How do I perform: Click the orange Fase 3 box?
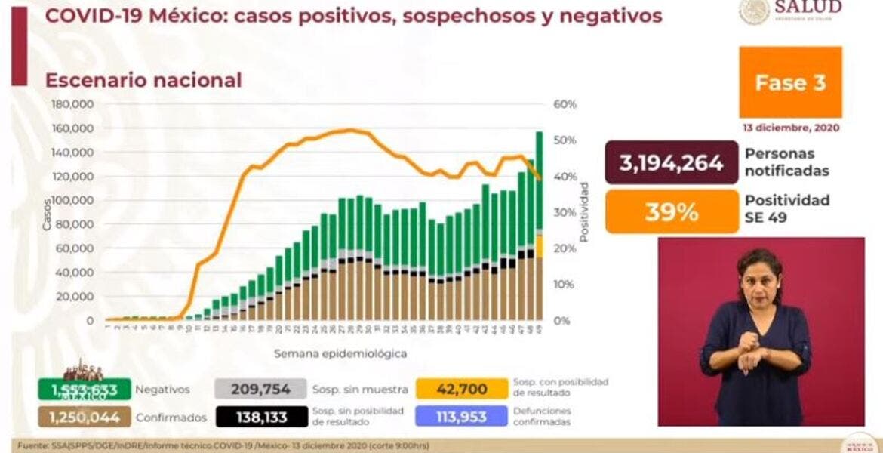pyautogui.click(x=790, y=82)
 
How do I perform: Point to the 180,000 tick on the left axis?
pyautogui.click(x=72, y=104)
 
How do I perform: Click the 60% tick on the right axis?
pyautogui.click(x=565, y=104)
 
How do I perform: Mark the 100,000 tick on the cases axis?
pyautogui.click(x=72, y=200)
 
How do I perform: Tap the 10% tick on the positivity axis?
pyautogui.click(x=565, y=285)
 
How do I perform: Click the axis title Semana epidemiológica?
pyautogui.click(x=340, y=353)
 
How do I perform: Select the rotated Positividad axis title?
pyautogui.click(x=584, y=212)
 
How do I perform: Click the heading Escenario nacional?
pyautogui.click(x=143, y=80)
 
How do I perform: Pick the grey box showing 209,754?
pyautogui.click(x=261, y=389)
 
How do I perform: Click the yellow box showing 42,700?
pyautogui.click(x=461, y=389)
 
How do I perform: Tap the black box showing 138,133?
pyautogui.click(x=261, y=415)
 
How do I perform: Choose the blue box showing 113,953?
pyautogui.click(x=461, y=415)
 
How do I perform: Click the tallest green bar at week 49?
pyautogui.click(x=540, y=181)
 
